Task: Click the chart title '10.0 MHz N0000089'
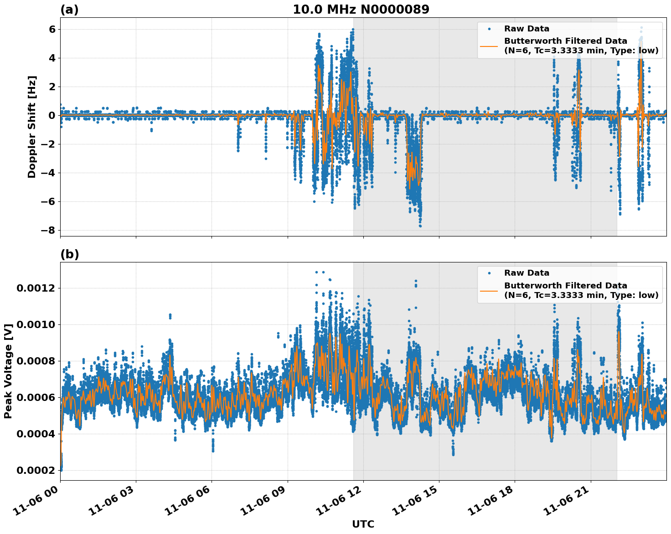coord(361,10)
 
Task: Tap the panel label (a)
coord(69,10)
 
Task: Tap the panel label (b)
coord(69,254)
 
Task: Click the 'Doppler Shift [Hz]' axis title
coord(31,127)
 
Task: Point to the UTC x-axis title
coord(363,524)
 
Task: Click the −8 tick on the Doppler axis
coord(46,230)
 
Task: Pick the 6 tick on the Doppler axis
coord(52,29)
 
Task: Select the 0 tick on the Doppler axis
coord(52,115)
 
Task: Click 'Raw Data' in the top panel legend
coord(526,29)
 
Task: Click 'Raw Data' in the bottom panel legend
coord(526,273)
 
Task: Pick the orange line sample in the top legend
coord(489,46)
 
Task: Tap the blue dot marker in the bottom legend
coord(489,273)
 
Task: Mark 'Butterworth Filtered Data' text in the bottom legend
coord(565,286)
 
